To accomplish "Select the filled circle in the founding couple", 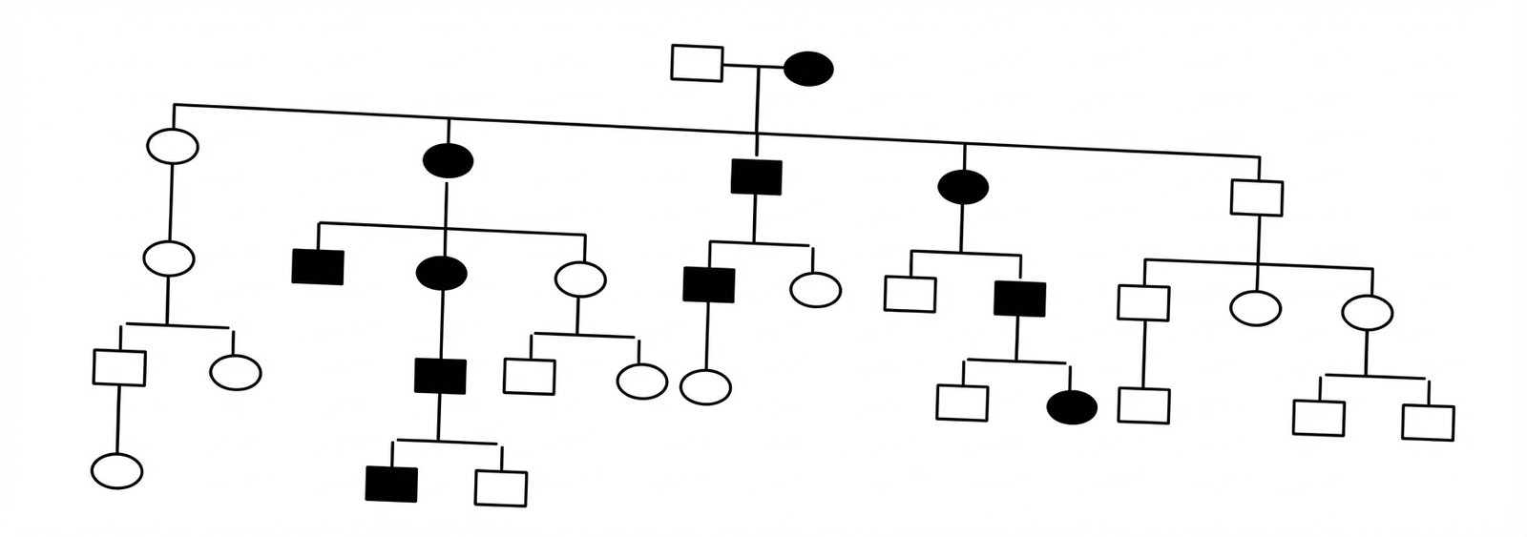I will coord(808,69).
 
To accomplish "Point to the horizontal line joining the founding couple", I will coord(754,67).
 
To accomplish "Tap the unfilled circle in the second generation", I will coord(173,147).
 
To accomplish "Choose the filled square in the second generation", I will coord(757,176).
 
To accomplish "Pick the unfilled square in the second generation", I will coord(1257,197).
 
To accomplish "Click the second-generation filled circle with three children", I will coord(448,159).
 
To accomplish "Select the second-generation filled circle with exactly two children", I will coord(962,187).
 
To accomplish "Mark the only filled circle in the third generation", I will coord(442,274).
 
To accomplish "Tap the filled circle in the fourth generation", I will coord(1072,407).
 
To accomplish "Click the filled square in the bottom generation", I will coord(391,484).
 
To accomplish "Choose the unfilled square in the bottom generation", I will coord(501,488).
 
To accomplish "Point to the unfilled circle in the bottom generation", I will coord(117,470).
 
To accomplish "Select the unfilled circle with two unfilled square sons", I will coord(1367,312).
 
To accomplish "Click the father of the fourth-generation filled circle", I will coord(1019,298).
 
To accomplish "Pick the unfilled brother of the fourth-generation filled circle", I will coord(962,402).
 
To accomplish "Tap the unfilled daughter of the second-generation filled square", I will coord(815,289).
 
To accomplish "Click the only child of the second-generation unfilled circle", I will coord(169,258).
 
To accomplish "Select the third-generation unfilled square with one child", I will coord(1143,302).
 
